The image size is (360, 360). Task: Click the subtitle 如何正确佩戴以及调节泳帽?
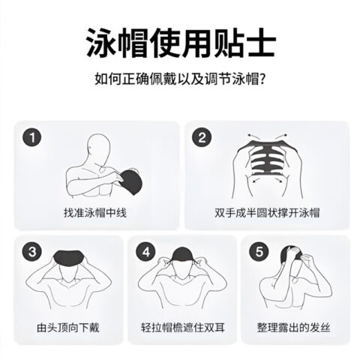pyautogui.click(x=180, y=79)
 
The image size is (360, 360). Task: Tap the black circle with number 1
pyautogui.click(x=31, y=137)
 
